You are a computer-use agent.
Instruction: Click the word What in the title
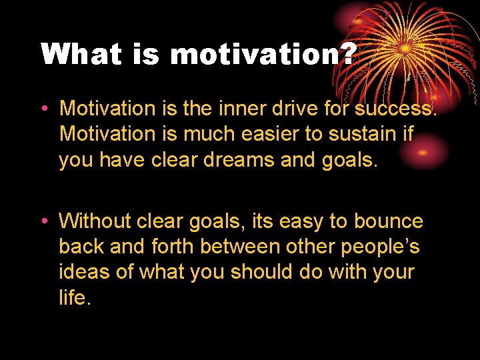click(81, 54)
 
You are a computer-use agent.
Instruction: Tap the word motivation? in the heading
click(262, 55)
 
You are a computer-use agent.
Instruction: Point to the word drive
click(295, 107)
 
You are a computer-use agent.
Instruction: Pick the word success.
click(395, 107)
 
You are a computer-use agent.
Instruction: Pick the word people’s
click(381, 247)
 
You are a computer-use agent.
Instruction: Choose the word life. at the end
click(74, 298)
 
